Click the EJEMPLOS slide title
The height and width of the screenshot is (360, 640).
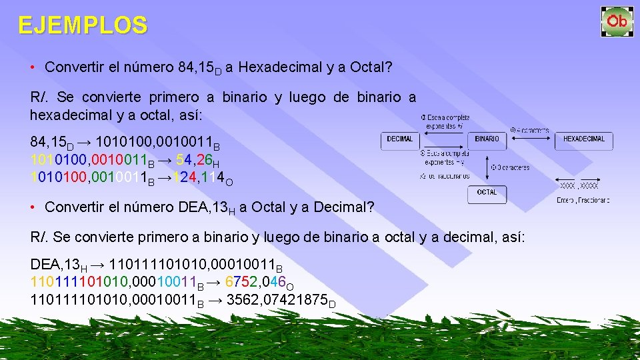[83, 25]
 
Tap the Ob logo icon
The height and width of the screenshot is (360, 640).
[617, 21]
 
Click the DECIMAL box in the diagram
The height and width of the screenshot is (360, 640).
[400, 140]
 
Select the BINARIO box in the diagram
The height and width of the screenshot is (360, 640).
[487, 140]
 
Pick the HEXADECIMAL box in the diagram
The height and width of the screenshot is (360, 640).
[583, 140]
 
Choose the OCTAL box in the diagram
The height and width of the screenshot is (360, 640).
[487, 193]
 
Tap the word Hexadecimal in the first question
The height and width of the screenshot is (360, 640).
[274, 67]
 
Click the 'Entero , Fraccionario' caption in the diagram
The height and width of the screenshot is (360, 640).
[583, 199]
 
